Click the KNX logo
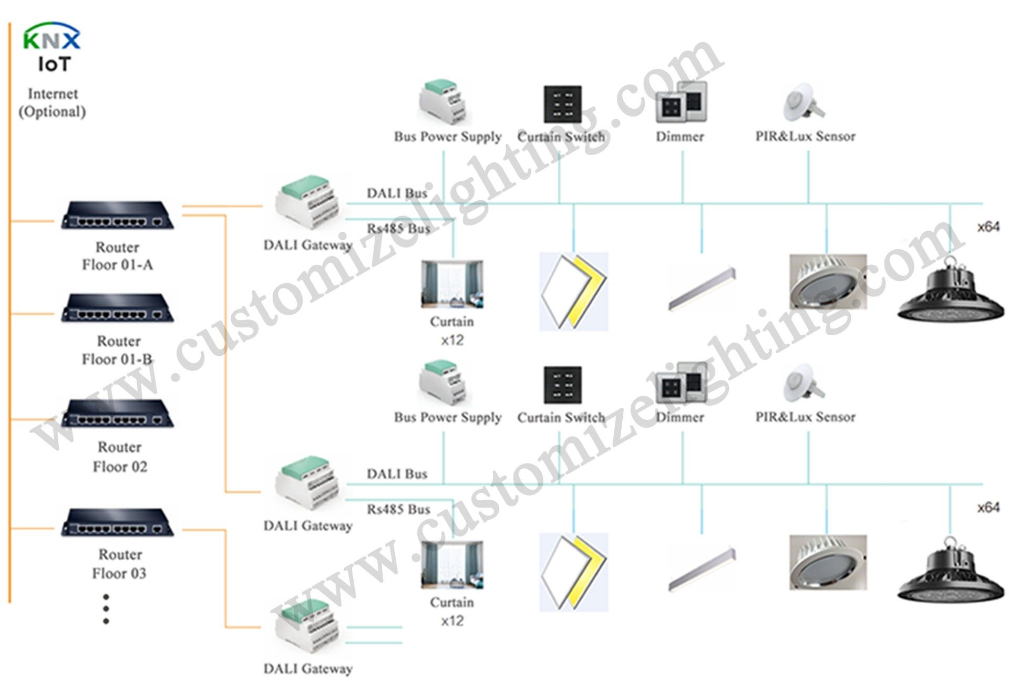point(52,37)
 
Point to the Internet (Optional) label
point(52,102)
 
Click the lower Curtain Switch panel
point(562,385)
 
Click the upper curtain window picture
point(452,284)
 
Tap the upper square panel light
point(574,292)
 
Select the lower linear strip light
point(702,570)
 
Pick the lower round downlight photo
point(828,563)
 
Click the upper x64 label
point(988,227)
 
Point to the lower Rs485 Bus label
point(398,509)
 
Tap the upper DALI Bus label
point(397,193)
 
